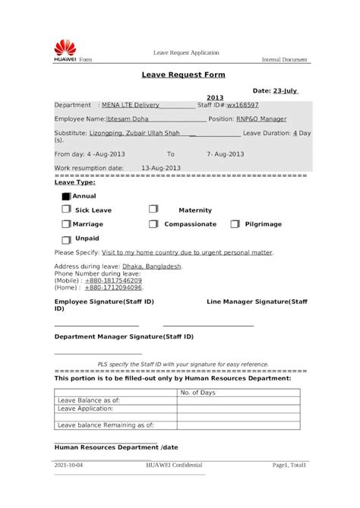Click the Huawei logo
65,48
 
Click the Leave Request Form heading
183,74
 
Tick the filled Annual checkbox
65,196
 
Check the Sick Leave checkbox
66,209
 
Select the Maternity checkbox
153,209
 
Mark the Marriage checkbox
66,224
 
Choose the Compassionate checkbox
153,224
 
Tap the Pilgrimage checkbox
235,224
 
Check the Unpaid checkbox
66,238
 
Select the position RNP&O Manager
261,119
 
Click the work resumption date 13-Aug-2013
161,167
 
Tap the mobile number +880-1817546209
113,281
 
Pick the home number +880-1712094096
113,288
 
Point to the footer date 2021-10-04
69,465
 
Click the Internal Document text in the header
285,58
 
